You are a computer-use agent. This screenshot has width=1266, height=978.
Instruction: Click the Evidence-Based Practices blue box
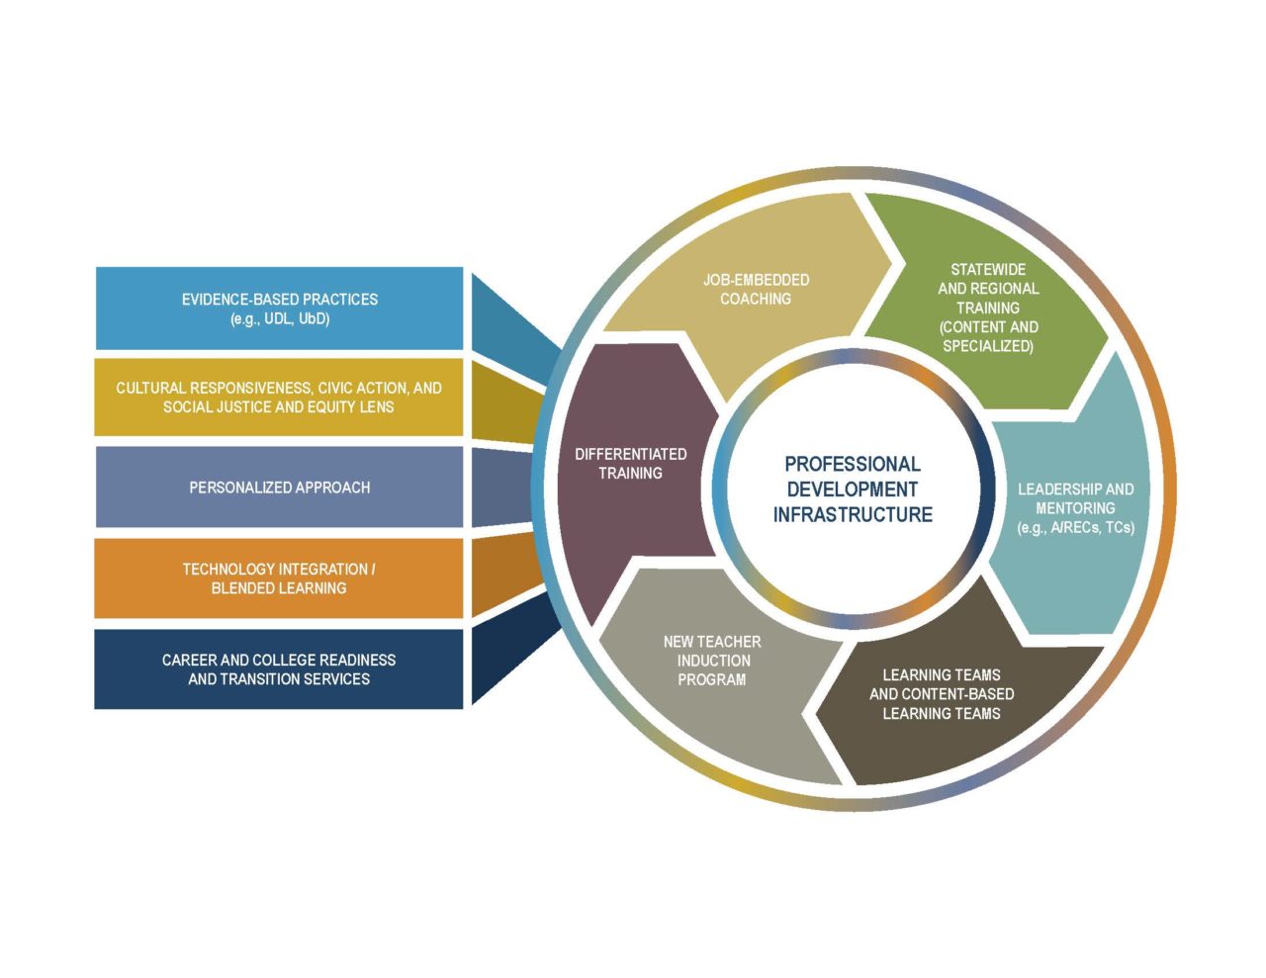(279, 308)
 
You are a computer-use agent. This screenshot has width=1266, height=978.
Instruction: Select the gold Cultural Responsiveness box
(279, 397)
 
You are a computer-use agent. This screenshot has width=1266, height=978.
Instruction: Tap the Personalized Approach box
(279, 487)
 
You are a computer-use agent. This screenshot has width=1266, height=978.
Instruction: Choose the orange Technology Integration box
(279, 578)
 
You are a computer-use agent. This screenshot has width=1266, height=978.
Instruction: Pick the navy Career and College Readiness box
(279, 668)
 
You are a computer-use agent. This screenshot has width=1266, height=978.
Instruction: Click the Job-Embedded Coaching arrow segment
(756, 289)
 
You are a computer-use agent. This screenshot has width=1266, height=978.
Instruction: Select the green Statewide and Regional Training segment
(987, 308)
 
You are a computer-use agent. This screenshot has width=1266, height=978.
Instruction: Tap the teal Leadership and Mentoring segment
(1075, 507)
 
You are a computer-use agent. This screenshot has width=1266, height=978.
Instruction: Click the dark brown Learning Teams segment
(941, 693)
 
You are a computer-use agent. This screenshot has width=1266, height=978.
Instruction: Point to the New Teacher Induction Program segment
(712, 660)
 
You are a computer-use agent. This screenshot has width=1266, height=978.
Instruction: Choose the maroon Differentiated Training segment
(630, 463)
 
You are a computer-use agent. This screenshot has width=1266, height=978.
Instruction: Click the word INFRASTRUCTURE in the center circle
(853, 514)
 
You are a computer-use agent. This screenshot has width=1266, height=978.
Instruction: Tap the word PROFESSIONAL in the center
(853, 464)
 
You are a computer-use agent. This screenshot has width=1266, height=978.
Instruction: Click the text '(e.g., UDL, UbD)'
(279, 318)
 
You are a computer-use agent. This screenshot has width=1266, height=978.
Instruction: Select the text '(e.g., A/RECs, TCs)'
(1075, 527)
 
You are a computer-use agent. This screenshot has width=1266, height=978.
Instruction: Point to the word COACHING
(756, 299)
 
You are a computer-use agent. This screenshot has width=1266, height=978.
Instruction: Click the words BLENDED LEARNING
(279, 587)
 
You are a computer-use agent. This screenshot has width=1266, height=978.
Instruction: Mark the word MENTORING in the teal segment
(1075, 508)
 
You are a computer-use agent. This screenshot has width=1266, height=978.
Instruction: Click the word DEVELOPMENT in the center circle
(853, 489)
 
